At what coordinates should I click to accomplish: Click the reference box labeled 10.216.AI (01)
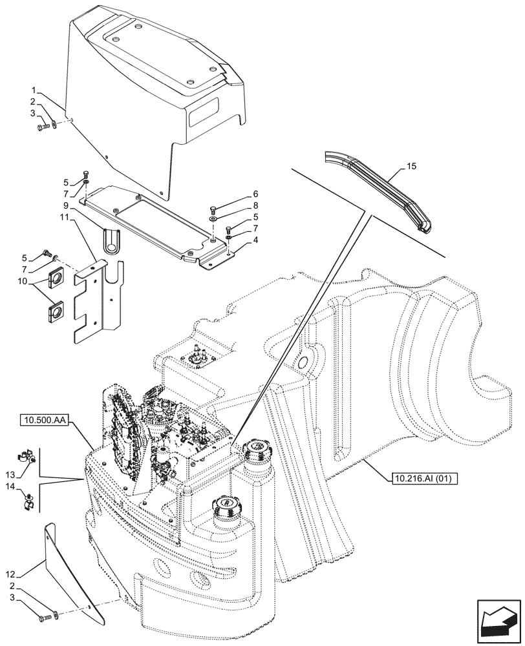click(x=422, y=479)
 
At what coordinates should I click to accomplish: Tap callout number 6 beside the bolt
click(x=237, y=194)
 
